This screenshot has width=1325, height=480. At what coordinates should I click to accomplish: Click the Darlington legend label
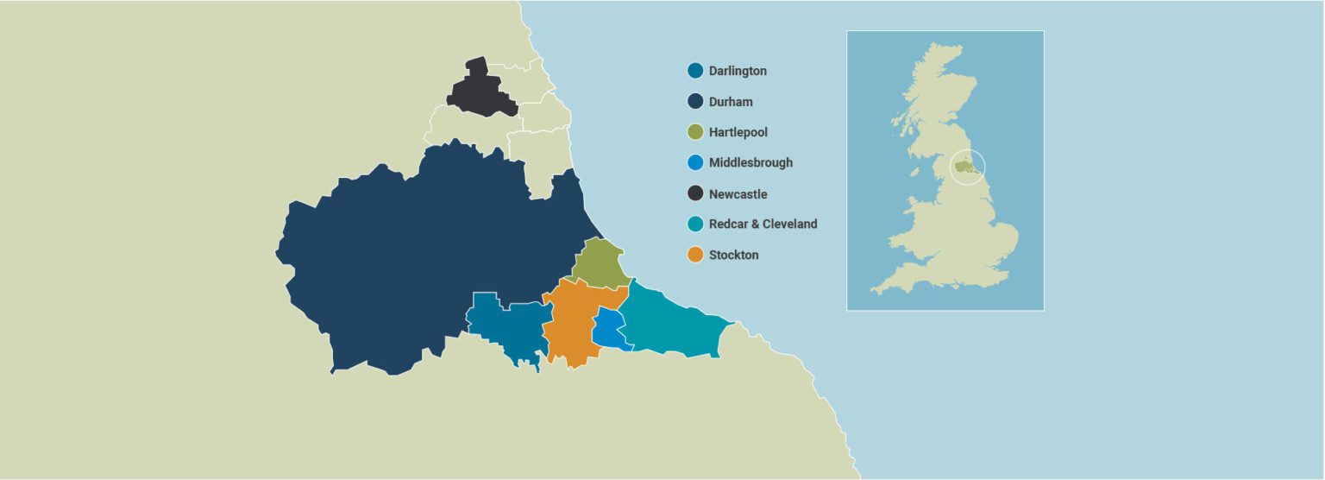click(738, 71)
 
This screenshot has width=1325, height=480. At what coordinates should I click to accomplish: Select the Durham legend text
click(731, 102)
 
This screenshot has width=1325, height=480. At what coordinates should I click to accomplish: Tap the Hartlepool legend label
click(738, 132)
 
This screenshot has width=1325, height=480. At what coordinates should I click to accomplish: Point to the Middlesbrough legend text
click(750, 162)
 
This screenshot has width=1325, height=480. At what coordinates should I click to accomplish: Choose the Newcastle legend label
click(738, 194)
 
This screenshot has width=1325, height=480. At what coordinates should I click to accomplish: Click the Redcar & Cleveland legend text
click(763, 224)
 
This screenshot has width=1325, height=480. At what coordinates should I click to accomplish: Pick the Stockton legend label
click(733, 255)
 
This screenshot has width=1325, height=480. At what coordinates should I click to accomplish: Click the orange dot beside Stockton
click(695, 255)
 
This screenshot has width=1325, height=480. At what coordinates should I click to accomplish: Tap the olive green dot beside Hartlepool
click(695, 132)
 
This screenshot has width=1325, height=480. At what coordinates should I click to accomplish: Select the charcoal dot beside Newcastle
click(695, 194)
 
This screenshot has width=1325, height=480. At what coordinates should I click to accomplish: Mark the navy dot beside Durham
click(695, 102)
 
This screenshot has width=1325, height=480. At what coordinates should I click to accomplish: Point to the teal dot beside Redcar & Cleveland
click(695, 224)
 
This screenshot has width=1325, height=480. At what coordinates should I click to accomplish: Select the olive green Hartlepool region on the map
click(597, 263)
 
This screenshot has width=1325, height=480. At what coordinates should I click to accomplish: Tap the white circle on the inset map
click(967, 167)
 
